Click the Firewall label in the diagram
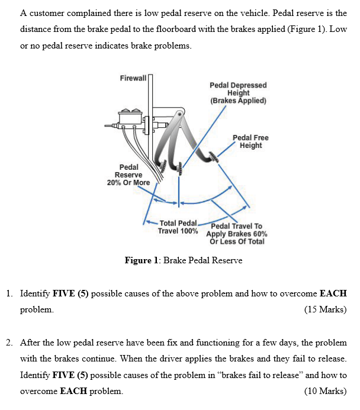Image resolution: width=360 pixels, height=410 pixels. tap(133, 79)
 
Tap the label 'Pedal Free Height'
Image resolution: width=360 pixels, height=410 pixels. tap(250, 141)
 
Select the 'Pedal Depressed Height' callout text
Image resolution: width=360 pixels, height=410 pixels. tap(238, 93)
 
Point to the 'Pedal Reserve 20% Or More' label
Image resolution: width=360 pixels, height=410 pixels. tap(128, 175)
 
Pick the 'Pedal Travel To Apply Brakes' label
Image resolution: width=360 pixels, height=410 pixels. tap(236, 234)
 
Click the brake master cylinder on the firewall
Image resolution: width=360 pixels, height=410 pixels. tap(132, 119)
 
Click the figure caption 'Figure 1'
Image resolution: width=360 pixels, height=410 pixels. tap(184, 260)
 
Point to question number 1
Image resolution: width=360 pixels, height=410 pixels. tap(11, 293)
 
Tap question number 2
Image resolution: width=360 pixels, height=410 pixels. tap(11, 343)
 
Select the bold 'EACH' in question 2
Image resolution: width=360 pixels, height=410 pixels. tap(73, 391)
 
